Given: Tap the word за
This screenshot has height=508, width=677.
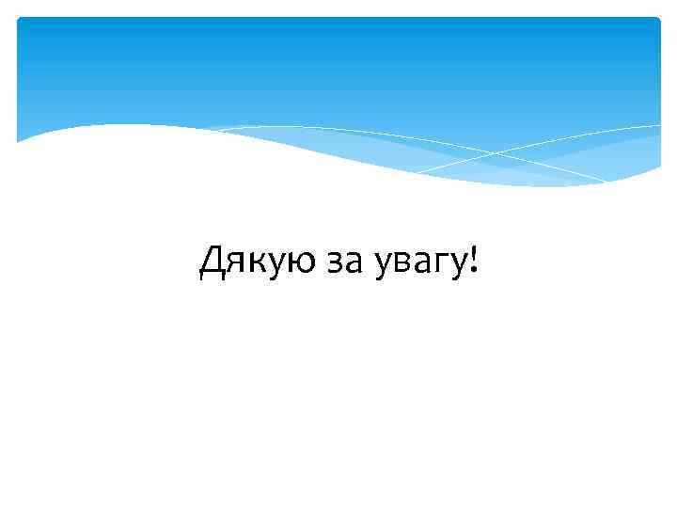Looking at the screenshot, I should click(x=344, y=262).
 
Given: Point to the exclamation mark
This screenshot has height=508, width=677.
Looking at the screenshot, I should click(x=473, y=260).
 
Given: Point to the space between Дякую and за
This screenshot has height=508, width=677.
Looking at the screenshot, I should click(x=318, y=262).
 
